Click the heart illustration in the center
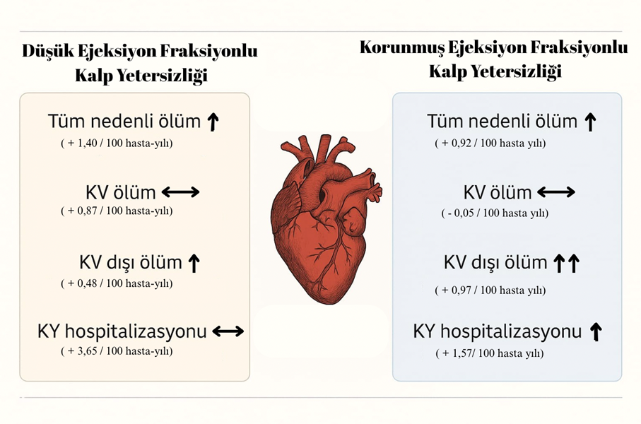(x=326, y=219)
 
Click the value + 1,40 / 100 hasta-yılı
(x=117, y=143)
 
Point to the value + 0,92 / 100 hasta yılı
(x=490, y=143)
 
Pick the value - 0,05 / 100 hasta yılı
(x=495, y=213)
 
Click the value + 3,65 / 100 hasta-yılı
(x=117, y=351)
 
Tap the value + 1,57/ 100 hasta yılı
(x=490, y=353)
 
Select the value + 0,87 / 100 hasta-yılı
(x=117, y=211)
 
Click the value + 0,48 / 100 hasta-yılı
(x=117, y=283)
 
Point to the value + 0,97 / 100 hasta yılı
(x=490, y=290)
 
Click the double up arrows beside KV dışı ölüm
(x=567, y=264)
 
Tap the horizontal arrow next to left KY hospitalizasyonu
(x=228, y=331)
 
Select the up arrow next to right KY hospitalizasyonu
(x=596, y=331)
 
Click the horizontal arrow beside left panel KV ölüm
(x=181, y=192)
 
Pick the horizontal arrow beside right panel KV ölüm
(x=556, y=192)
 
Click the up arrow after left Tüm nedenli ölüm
(x=213, y=122)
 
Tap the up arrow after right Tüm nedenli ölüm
(x=590, y=122)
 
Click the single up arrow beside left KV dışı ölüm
(x=194, y=264)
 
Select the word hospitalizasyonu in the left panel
(x=136, y=332)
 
